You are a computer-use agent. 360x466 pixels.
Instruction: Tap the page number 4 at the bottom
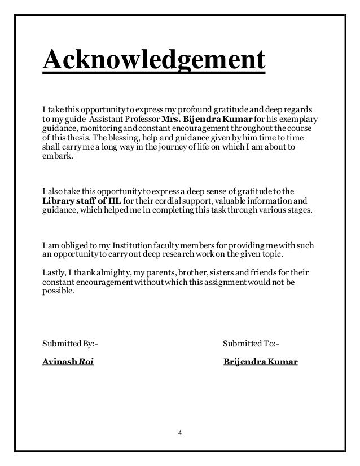[x=180, y=433]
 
